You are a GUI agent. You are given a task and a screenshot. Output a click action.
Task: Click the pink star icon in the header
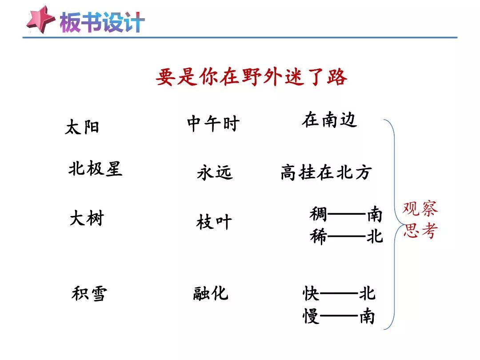(41, 20)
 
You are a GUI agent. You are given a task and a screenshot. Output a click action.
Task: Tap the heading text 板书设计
(102, 22)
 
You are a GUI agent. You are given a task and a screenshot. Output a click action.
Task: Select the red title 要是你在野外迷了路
(251, 76)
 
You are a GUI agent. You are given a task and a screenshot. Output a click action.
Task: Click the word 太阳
(82, 127)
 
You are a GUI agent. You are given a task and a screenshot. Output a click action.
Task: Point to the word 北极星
(95, 168)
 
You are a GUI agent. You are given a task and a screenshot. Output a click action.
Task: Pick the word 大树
(87, 218)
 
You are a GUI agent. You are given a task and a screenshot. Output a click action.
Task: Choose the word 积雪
(89, 293)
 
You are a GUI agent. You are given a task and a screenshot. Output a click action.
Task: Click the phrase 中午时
(213, 124)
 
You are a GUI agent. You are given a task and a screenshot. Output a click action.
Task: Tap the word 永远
(215, 172)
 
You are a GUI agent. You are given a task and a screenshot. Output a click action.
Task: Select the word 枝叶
(214, 222)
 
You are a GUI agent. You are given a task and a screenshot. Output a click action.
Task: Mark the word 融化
(211, 293)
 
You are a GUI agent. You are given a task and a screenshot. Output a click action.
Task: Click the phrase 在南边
(329, 120)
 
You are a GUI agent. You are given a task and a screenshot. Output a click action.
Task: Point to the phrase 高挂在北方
(326, 172)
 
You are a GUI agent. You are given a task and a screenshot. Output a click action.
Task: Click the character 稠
(318, 214)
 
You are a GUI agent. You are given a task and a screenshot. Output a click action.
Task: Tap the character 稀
(318, 236)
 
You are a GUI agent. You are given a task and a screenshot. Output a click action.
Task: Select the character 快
(311, 293)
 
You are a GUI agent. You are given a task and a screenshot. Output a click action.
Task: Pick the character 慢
(311, 316)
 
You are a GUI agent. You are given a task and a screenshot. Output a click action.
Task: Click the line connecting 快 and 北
(339, 294)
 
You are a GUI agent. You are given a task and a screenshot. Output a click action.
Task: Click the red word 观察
(420, 208)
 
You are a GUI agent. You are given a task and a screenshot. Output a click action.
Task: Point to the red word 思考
(420, 231)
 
